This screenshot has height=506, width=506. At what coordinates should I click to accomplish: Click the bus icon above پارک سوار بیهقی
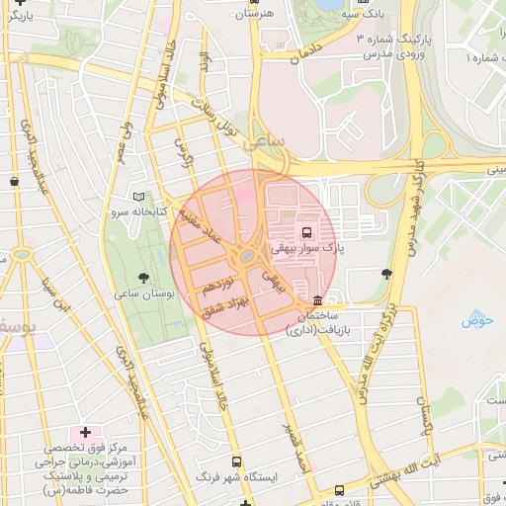(x=305, y=232)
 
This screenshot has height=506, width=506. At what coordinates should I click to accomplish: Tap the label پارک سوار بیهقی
(x=308, y=249)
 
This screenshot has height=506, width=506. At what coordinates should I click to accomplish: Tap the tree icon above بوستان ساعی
(x=145, y=278)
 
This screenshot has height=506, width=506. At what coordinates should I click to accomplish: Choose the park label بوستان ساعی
(x=144, y=295)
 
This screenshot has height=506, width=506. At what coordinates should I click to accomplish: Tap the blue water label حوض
(x=476, y=321)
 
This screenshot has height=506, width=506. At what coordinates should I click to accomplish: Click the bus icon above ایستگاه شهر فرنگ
(x=235, y=462)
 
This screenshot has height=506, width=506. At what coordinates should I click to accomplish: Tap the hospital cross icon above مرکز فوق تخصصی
(x=85, y=432)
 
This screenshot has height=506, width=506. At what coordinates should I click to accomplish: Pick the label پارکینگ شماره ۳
(x=395, y=38)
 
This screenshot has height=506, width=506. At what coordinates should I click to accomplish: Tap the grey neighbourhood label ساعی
(x=267, y=141)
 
